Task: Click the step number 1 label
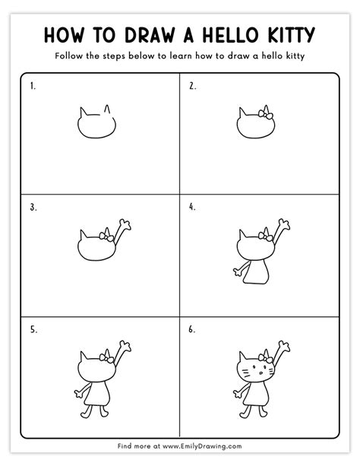[x=33, y=87]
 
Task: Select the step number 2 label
[x=192, y=87]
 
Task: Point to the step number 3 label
[x=33, y=206]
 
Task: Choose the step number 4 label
[x=192, y=206]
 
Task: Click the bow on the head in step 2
[x=265, y=115]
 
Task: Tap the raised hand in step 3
[x=126, y=223]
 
